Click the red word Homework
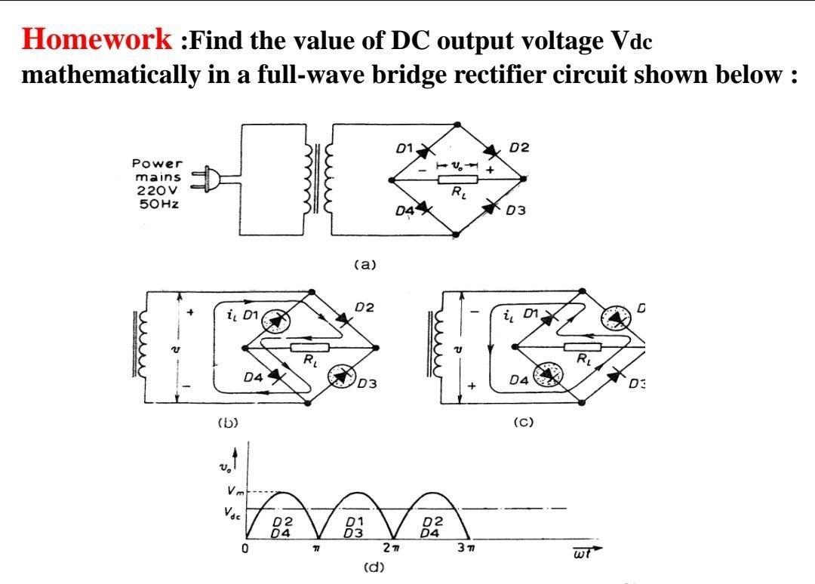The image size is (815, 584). [x=97, y=40]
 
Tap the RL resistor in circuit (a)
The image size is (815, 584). [x=458, y=180]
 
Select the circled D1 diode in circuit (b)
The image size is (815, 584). [x=275, y=320]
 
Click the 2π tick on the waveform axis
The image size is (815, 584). [x=390, y=547]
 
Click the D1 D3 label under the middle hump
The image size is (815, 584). [x=353, y=526]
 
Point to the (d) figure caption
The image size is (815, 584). [x=371, y=567]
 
